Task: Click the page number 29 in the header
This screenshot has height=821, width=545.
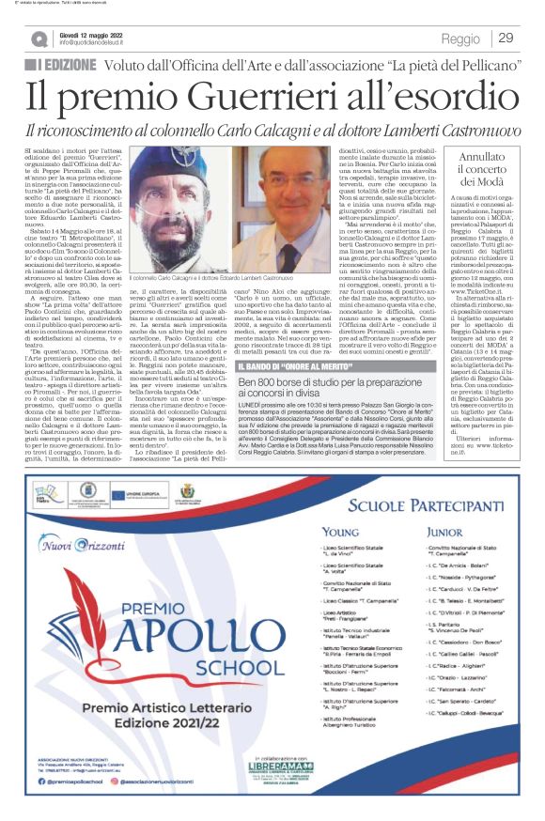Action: point(506,38)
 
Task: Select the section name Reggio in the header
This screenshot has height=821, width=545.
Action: point(461,39)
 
